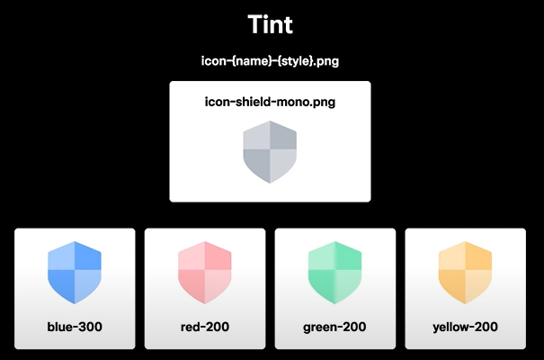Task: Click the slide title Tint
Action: pos(271,24)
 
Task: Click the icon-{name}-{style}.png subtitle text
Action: pos(270,61)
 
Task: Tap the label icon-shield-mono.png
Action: pos(270,102)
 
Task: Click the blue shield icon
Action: pos(75,272)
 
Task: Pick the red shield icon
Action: pos(205,272)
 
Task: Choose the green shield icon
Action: pos(334,272)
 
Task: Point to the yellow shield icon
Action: pos(465,272)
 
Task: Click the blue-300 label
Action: pos(75,326)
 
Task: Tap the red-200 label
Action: pos(205,326)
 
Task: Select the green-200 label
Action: pos(334,326)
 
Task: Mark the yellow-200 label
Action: pos(465,326)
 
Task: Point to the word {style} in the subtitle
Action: pos(301,61)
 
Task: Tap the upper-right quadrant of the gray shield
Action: pos(281,140)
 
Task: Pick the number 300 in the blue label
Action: pos(89,326)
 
